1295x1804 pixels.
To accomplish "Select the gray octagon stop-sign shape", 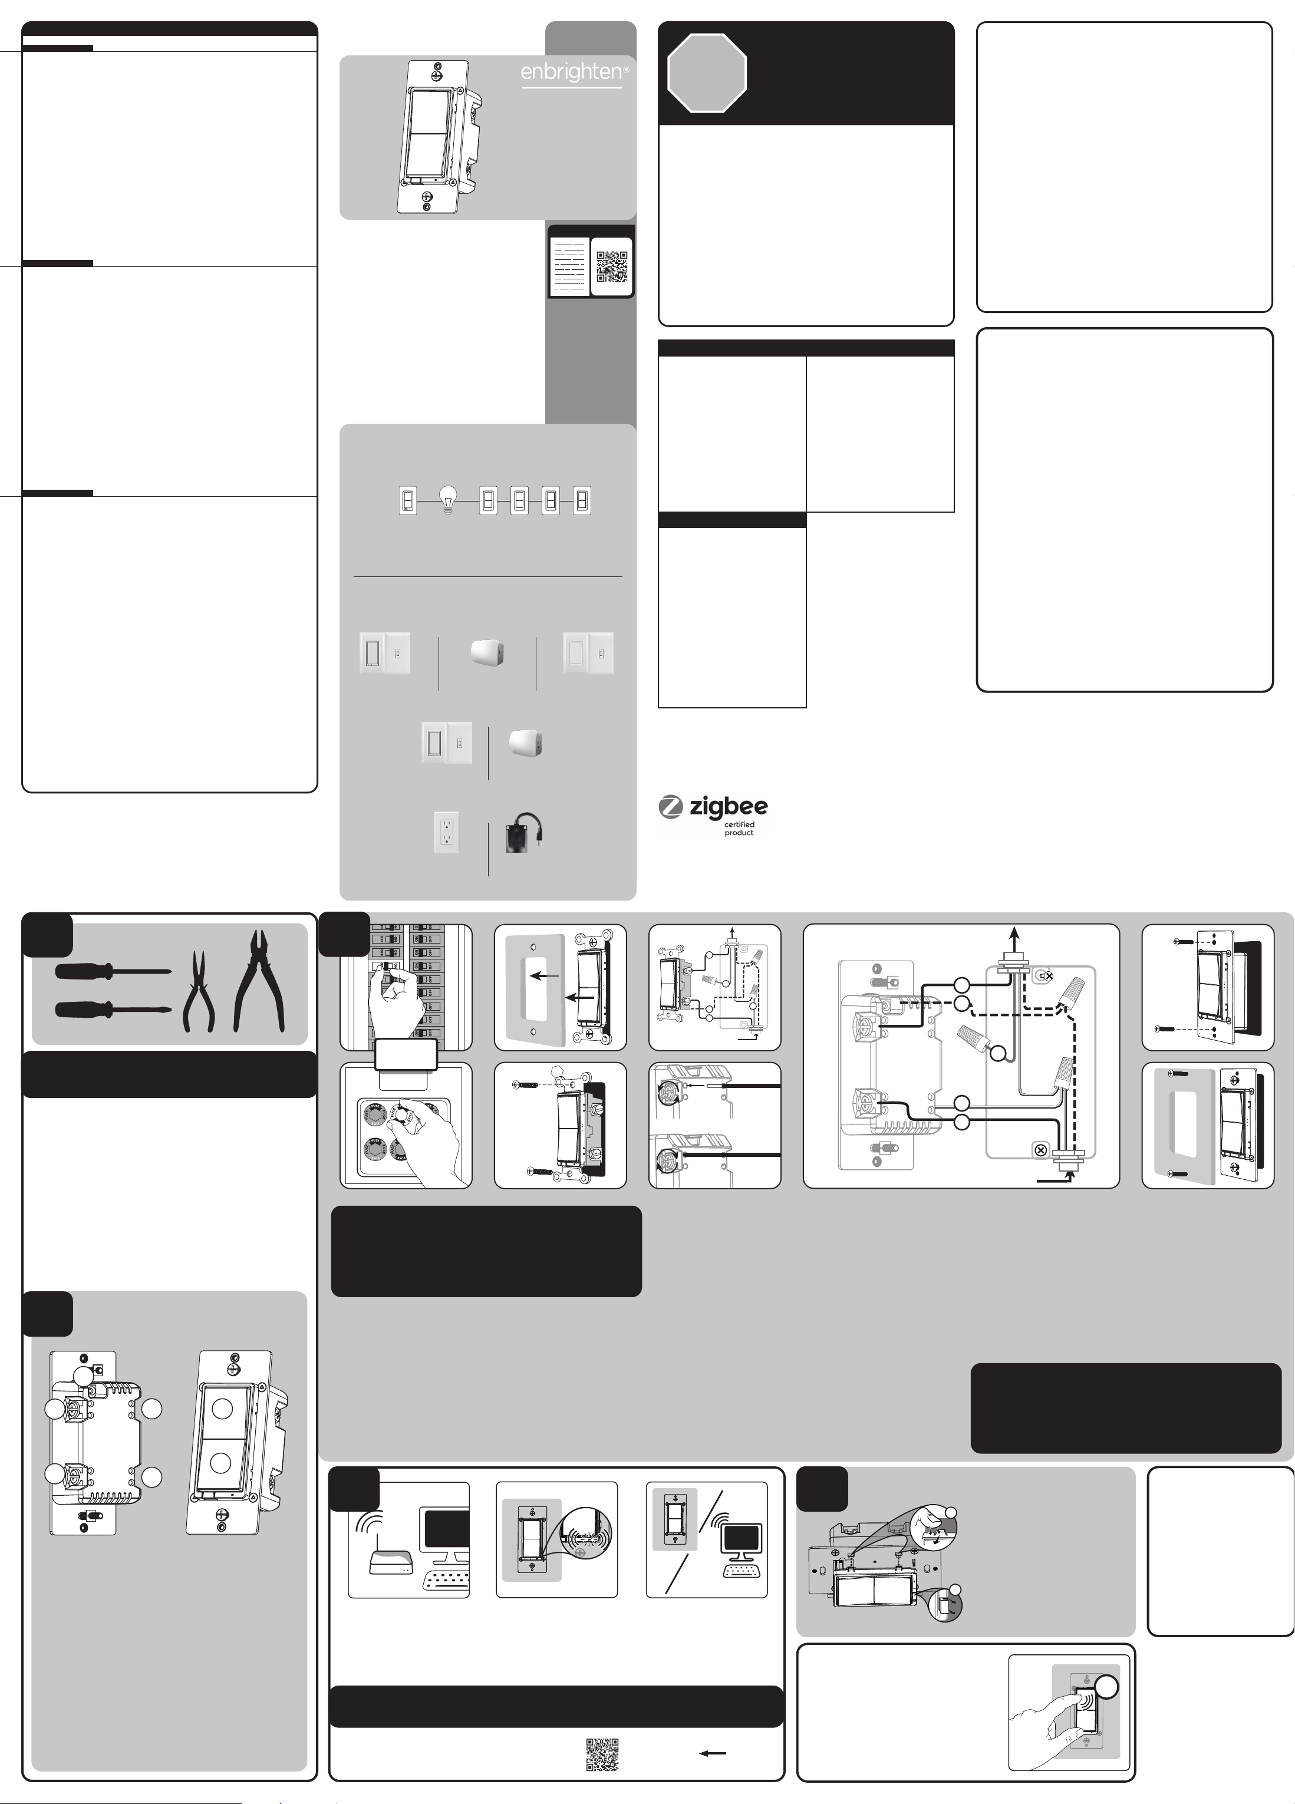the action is (706, 73).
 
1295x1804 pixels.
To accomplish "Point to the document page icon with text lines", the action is (569, 266).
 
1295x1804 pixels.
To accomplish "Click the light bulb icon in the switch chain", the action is (448, 500).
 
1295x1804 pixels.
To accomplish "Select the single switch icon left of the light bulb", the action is (407, 500).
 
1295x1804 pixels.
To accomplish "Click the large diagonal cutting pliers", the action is (259, 981).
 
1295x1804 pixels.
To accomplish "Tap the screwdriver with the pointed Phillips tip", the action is (112, 1010).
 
